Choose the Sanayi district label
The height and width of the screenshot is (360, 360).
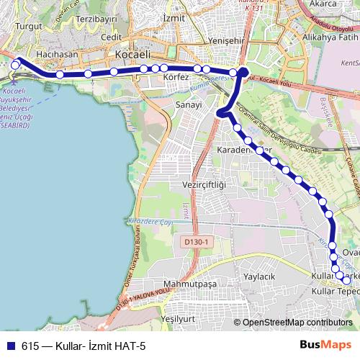coord(189,105)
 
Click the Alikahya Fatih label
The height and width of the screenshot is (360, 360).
coord(330,35)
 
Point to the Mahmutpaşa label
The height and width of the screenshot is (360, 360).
coord(190,284)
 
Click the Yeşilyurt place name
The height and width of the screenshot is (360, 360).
coord(179,318)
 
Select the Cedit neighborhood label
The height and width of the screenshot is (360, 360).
coord(112,37)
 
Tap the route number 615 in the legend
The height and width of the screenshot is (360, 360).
coord(30,346)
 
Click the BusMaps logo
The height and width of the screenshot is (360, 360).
coord(325,346)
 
